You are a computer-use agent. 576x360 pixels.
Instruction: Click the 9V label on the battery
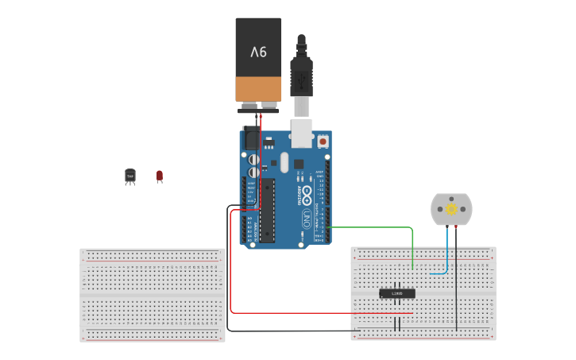point(258,52)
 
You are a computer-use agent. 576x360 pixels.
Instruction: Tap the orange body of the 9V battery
point(258,88)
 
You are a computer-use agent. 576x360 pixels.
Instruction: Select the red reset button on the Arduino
point(323,141)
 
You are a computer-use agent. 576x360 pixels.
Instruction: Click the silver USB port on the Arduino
point(302,133)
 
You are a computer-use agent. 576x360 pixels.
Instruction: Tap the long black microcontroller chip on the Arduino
point(268,210)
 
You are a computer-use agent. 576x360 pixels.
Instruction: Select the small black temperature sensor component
point(130,176)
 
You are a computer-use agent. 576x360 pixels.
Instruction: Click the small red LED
point(160,176)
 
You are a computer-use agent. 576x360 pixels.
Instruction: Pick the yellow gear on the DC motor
point(451,209)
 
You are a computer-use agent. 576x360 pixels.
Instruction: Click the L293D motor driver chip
point(396,293)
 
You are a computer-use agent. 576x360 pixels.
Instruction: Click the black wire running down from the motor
point(456,286)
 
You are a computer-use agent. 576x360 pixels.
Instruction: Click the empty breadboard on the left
point(152,295)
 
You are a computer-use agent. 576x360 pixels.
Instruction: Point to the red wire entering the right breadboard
point(318,312)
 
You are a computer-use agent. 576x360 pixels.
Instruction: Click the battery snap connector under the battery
point(258,107)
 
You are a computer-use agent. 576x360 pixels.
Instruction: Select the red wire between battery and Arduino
point(260,159)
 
